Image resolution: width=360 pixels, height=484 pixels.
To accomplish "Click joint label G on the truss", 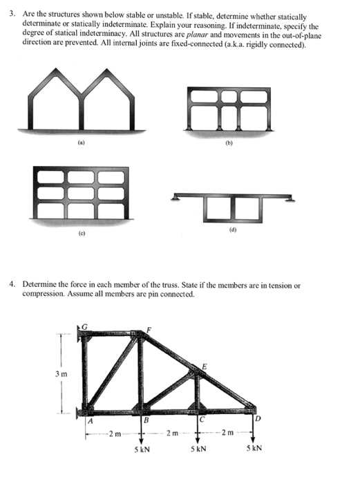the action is coord(86,326).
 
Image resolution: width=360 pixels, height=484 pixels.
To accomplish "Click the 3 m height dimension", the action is coord(60,374).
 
